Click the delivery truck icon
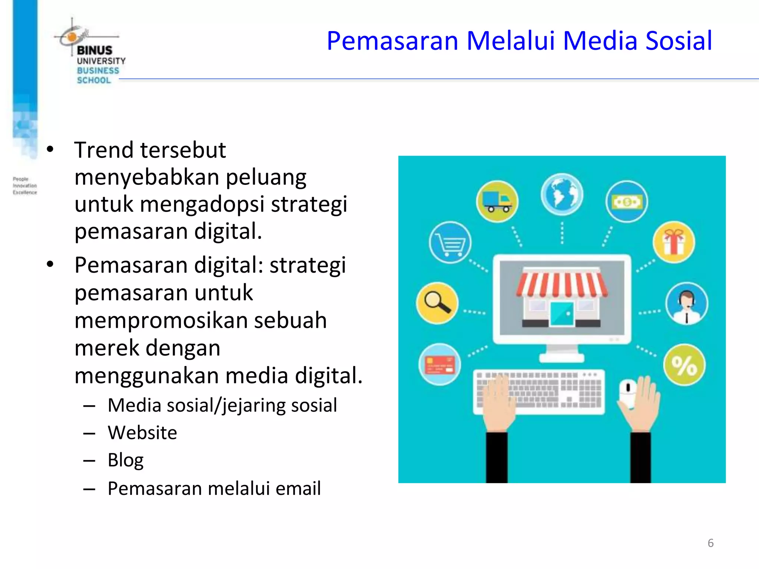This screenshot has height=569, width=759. [497, 202]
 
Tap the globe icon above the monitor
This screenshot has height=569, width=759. [561, 194]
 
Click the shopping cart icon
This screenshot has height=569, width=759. [450, 243]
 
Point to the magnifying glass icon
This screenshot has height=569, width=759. [437, 303]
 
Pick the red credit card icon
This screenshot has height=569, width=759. [440, 365]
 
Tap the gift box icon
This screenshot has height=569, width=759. [674, 242]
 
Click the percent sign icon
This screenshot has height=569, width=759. [684, 365]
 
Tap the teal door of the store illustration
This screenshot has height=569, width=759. [562, 313]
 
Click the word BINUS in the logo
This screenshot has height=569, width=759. [95, 50]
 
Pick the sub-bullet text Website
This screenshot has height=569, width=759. [142, 432]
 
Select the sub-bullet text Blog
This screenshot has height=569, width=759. [125, 460]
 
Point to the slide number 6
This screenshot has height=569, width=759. [710, 543]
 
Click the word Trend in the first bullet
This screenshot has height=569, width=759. [103, 150]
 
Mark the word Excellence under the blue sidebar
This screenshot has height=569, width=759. [25, 192]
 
